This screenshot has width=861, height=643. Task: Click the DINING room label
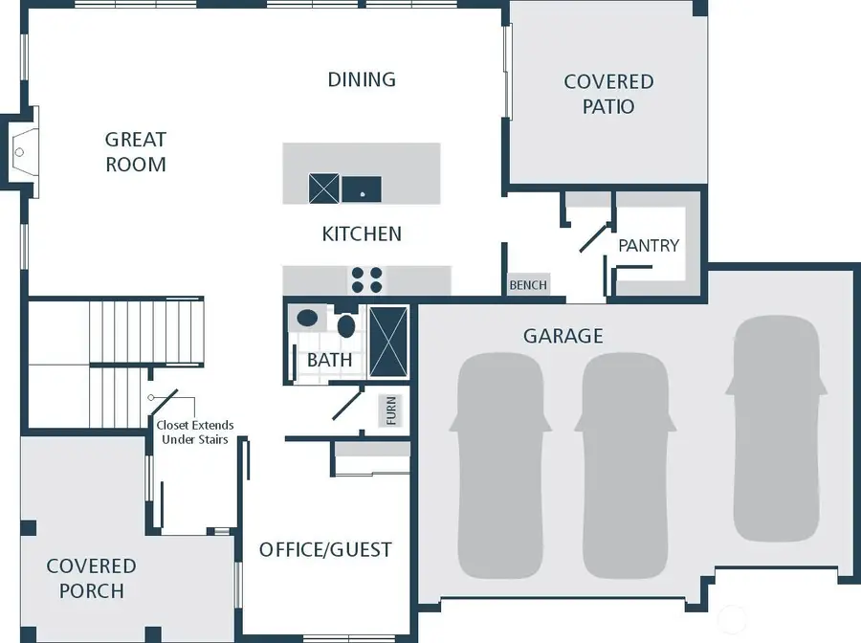click(362, 79)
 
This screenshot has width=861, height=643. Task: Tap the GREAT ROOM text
click(136, 152)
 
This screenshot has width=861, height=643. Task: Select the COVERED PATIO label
click(608, 94)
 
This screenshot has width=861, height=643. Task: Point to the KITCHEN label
click(362, 233)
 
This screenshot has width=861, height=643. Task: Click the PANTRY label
click(649, 245)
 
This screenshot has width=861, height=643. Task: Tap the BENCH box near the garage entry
click(528, 285)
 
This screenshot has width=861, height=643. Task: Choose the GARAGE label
click(563, 336)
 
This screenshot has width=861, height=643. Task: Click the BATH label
click(329, 361)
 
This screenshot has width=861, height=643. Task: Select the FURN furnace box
click(390, 410)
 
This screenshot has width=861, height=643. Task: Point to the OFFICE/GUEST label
click(325, 549)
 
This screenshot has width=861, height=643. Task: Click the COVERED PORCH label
click(91, 579)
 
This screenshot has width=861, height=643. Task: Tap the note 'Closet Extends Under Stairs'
click(194, 432)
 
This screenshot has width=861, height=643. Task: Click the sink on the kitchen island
click(362, 189)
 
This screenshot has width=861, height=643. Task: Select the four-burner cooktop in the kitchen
click(366, 279)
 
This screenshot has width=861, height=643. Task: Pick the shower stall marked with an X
click(389, 342)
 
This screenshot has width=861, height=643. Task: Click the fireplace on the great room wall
click(22, 151)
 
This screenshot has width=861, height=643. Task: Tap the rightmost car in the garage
click(776, 427)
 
